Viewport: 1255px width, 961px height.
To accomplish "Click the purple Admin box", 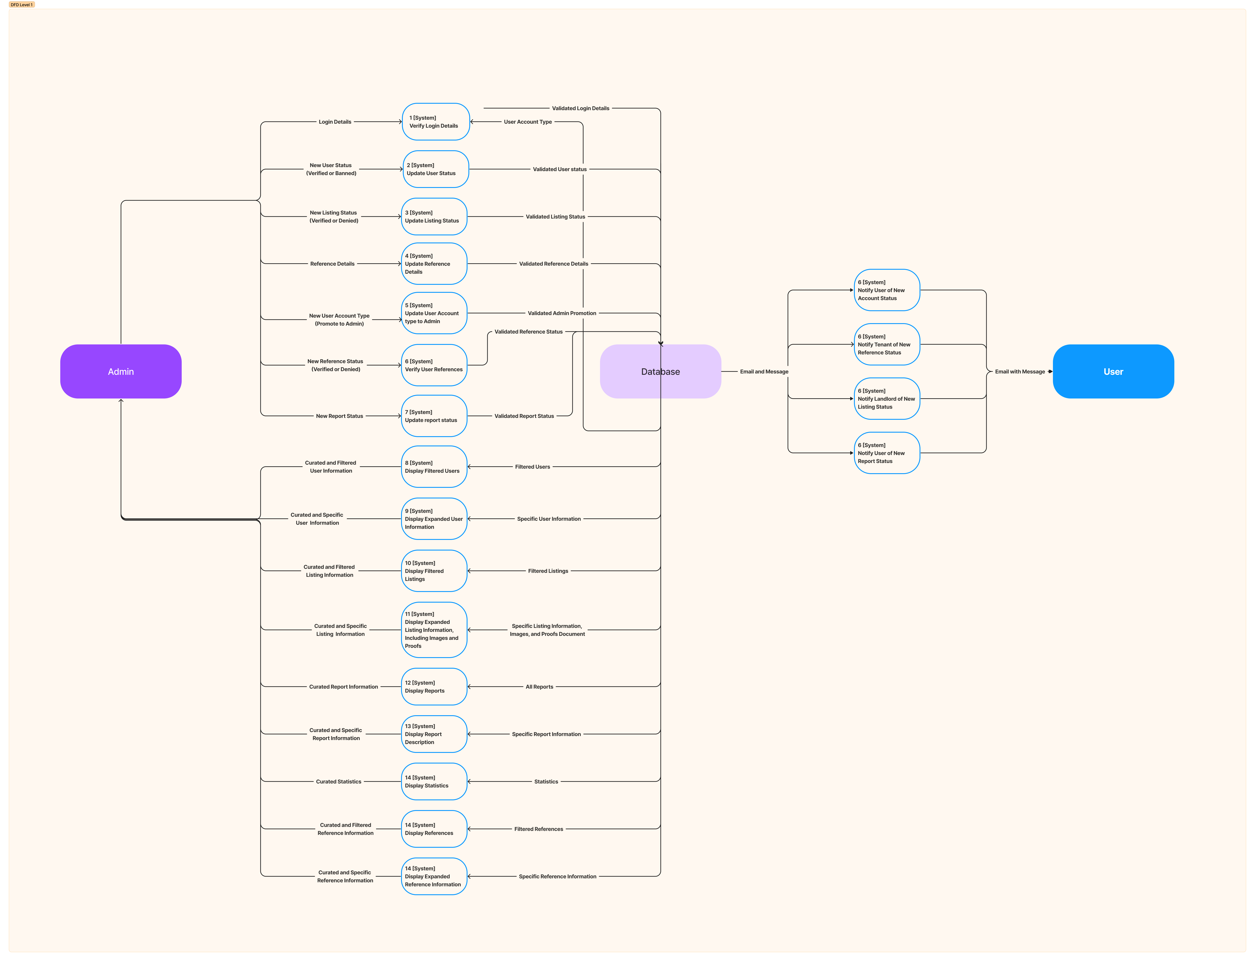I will pos(121,371).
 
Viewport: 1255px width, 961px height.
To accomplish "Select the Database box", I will pos(660,371).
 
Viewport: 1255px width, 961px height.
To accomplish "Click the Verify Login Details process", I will pos(436,122).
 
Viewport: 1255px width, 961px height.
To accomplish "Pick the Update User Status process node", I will pos(436,169).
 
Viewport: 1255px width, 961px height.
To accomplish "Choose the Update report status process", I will pos(434,416).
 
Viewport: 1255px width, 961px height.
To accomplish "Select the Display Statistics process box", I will pos(434,781).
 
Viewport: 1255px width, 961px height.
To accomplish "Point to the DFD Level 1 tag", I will pos(22,5).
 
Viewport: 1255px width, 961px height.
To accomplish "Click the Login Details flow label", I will pos(335,122).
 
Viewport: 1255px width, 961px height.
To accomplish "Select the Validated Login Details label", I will pos(580,108).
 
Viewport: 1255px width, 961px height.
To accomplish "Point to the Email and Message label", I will pos(764,372).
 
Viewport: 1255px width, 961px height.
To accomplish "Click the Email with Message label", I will pos(1019,372).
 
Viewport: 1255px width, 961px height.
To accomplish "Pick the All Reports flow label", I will pos(539,687).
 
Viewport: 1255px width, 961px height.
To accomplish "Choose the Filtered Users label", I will pos(532,467).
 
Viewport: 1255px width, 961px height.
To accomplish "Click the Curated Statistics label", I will pos(339,781).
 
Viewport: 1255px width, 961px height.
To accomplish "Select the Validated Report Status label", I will pos(524,416).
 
